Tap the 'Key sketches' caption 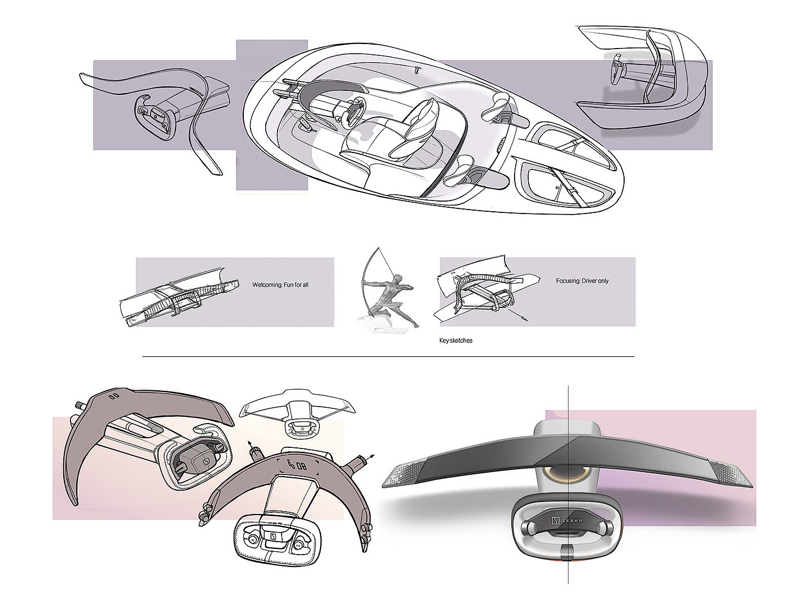[x=455, y=341]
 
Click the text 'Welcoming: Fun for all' [x=280, y=285]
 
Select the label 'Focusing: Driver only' [x=582, y=281]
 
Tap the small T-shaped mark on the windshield [x=418, y=71]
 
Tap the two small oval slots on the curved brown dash [x=113, y=396]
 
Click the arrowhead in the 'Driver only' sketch [x=526, y=320]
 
